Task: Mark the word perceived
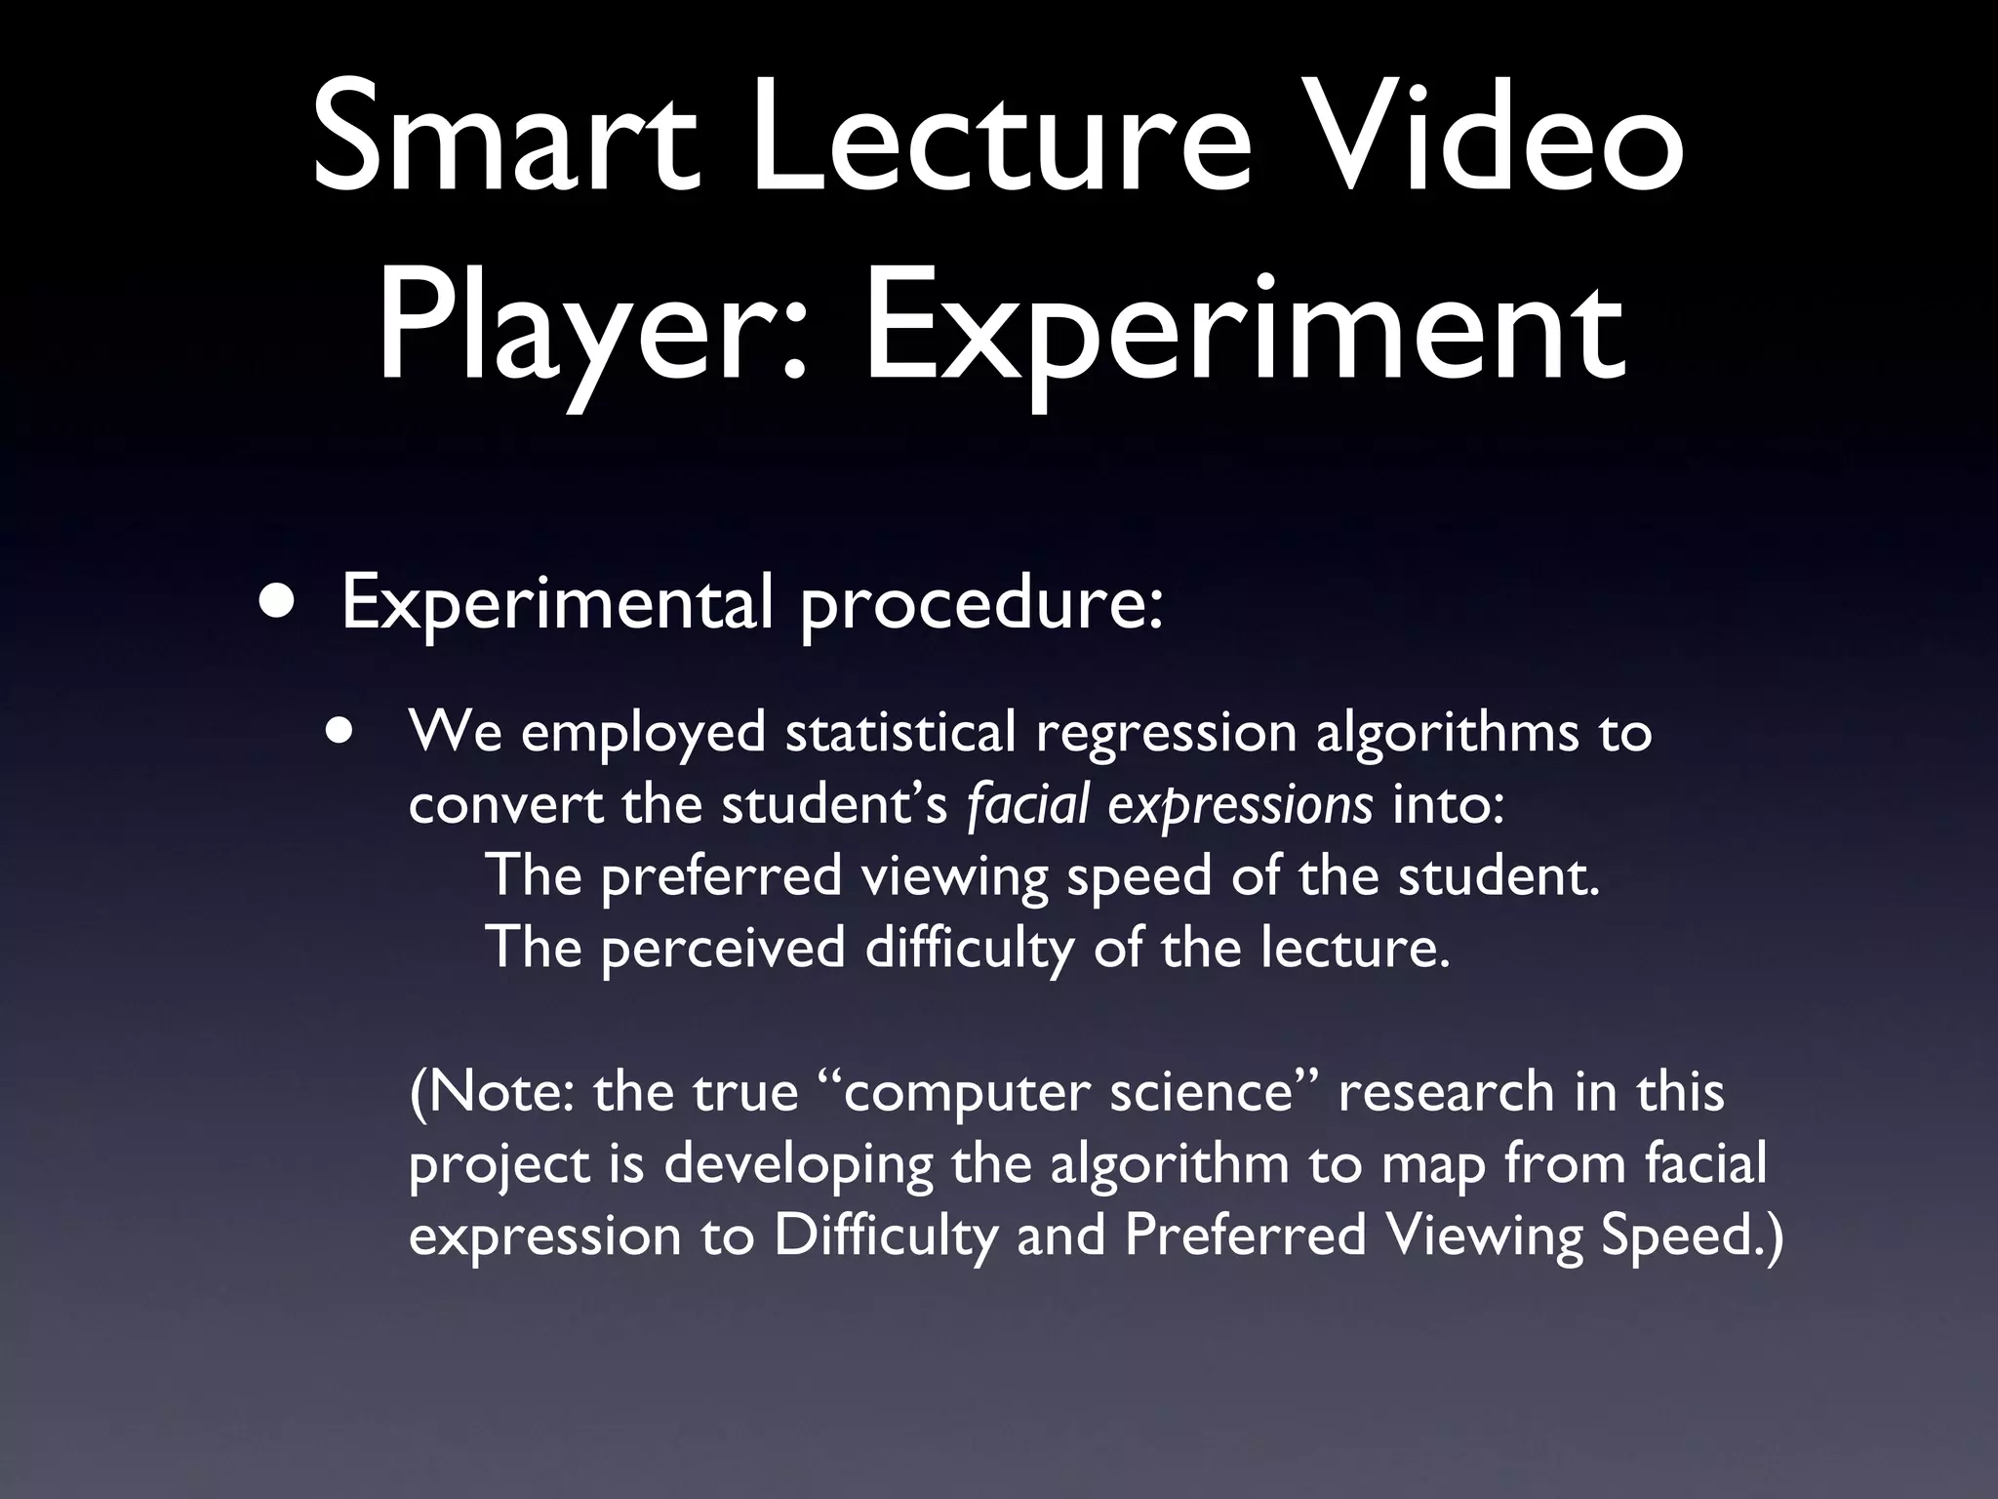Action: pyautogui.click(x=722, y=950)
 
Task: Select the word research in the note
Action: pyautogui.click(x=1445, y=1091)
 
